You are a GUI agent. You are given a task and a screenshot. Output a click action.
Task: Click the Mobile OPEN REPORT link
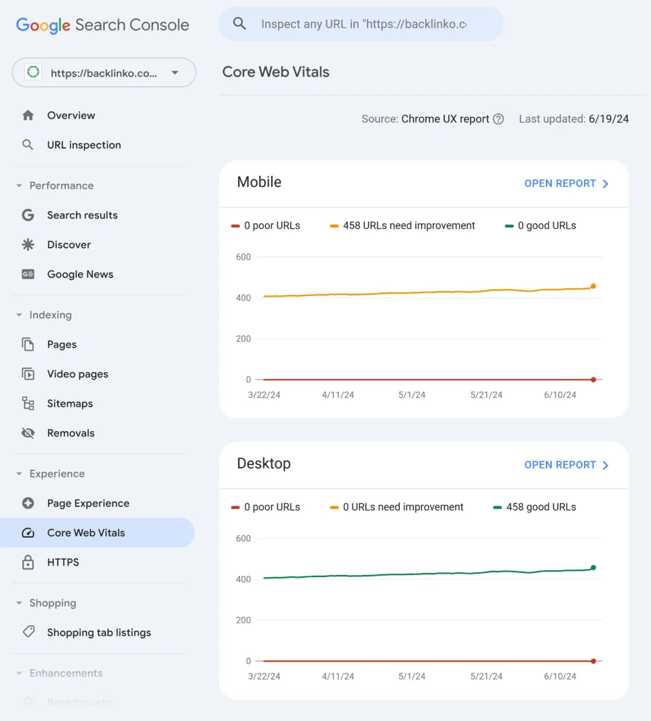click(566, 183)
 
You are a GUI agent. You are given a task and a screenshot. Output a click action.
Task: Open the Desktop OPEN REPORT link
click(566, 465)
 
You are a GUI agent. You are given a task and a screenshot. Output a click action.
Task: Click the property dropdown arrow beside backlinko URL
click(175, 73)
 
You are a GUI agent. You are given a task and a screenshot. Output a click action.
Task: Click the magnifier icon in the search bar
click(239, 24)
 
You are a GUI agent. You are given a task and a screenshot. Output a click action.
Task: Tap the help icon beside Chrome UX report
click(498, 119)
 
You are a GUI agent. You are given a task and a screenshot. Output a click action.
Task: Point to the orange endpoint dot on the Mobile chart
click(593, 286)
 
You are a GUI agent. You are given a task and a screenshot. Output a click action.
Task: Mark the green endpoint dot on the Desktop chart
click(593, 568)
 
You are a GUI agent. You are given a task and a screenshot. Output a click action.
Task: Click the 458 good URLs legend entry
click(535, 506)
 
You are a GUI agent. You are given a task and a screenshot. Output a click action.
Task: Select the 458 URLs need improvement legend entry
click(402, 225)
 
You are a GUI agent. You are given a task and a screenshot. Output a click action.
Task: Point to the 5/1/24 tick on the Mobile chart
click(412, 394)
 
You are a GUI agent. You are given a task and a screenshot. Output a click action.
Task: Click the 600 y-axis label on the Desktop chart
click(243, 538)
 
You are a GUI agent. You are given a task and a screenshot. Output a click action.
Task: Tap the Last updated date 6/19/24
click(609, 119)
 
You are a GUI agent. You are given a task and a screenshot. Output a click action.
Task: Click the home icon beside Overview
click(28, 115)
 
